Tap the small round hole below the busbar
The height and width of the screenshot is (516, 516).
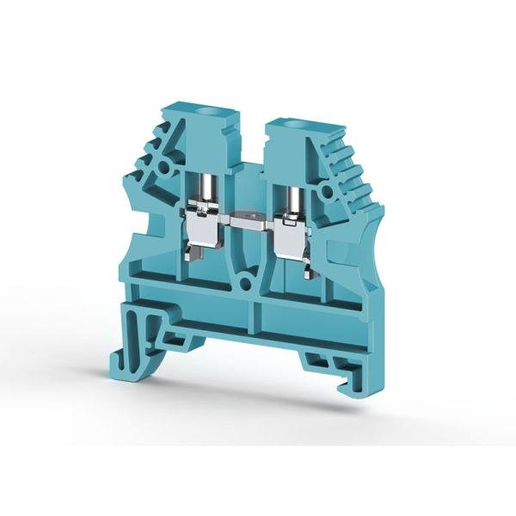click(249, 280)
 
